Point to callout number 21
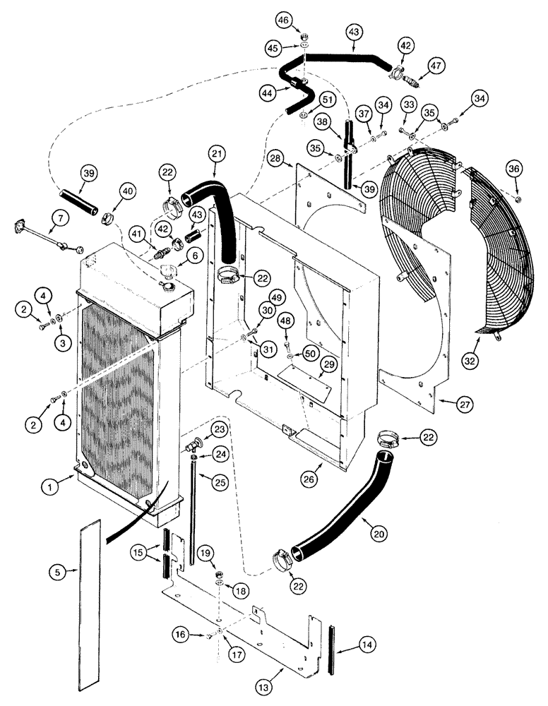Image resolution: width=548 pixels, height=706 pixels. [x=216, y=153]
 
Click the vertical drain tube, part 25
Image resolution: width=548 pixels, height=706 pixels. [x=191, y=508]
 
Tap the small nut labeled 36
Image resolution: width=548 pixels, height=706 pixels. [x=518, y=199]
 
